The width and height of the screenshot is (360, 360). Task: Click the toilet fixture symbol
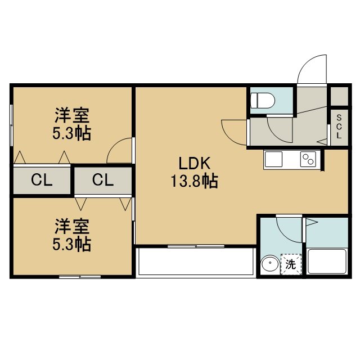(x=263, y=100)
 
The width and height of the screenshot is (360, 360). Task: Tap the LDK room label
(x=194, y=163)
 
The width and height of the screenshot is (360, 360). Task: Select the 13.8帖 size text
(x=194, y=181)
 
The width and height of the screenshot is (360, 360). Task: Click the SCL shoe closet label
(x=339, y=127)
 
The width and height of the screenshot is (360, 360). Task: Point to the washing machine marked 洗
(x=291, y=264)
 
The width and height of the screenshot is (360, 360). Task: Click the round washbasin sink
(x=271, y=264)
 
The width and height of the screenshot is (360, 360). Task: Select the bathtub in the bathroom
(x=327, y=261)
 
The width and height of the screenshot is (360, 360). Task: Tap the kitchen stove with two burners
(x=308, y=159)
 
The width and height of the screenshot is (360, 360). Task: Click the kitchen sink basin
(x=273, y=159)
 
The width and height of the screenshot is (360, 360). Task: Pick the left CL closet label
(x=42, y=180)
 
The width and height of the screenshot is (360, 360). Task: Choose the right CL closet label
(x=103, y=180)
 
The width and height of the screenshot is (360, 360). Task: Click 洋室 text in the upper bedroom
(x=72, y=115)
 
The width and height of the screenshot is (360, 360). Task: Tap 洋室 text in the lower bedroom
(x=72, y=227)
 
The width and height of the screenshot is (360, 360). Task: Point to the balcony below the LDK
(x=195, y=262)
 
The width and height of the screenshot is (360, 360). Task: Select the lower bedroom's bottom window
(x=80, y=277)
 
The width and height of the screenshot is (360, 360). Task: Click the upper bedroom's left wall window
(x=11, y=125)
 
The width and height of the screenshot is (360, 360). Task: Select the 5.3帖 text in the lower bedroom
(x=72, y=244)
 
